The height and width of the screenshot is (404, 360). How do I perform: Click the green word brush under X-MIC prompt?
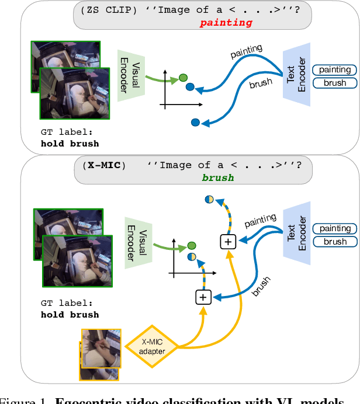tap(218, 177)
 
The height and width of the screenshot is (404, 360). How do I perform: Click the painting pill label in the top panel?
tap(335, 69)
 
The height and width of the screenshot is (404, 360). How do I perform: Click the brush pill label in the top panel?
tap(335, 82)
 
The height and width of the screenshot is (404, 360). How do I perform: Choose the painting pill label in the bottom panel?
tap(335, 228)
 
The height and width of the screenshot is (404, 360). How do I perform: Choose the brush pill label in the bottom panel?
tap(335, 241)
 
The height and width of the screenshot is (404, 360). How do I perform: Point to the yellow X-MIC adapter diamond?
tap(153, 347)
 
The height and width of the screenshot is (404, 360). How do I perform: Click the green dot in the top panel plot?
tap(182, 78)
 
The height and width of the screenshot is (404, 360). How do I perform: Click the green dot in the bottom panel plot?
tap(191, 246)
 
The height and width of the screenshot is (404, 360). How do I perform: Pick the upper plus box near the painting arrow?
tap(227, 241)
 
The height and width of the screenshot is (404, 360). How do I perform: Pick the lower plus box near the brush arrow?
tap(203, 298)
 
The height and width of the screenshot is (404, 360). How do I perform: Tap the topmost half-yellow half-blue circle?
tap(209, 199)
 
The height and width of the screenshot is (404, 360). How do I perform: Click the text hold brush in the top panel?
tap(70, 143)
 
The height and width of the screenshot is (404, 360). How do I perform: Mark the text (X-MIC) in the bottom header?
tap(99, 165)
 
